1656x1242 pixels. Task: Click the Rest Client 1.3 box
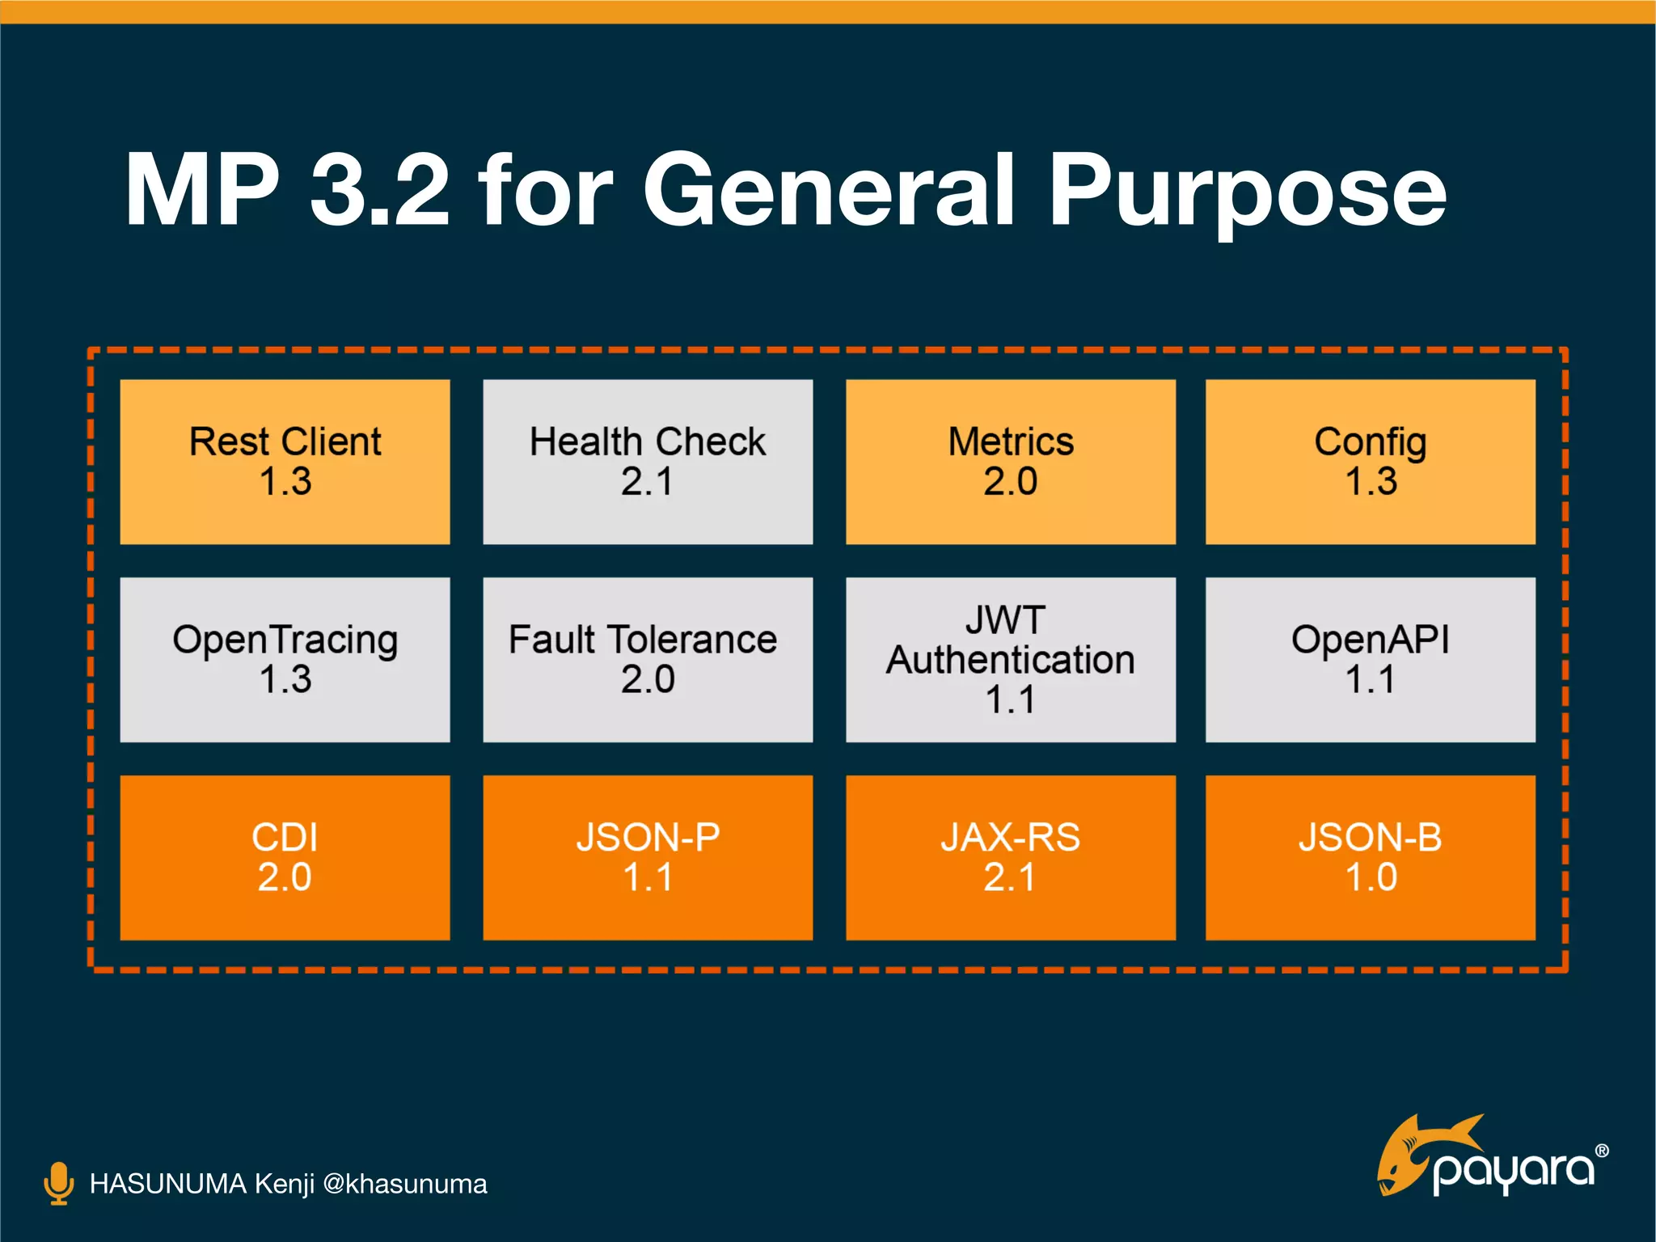[x=285, y=462]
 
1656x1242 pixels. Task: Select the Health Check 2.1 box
[x=648, y=462]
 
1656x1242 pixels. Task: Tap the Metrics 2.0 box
[x=1010, y=462]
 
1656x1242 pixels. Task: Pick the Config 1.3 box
[x=1370, y=462]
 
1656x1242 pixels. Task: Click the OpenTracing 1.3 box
[x=285, y=660]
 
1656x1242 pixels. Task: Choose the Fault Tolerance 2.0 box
[x=648, y=660]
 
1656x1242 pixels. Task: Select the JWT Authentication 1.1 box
[x=1010, y=660]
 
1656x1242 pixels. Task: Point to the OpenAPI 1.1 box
[x=1370, y=660]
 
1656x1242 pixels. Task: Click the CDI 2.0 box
[x=285, y=857]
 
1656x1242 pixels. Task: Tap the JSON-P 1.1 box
[x=648, y=857]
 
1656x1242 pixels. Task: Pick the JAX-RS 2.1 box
[x=1010, y=857]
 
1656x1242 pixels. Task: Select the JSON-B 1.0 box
[x=1370, y=857]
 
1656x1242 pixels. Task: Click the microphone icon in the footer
[x=58, y=1183]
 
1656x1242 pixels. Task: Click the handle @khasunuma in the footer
[x=404, y=1184]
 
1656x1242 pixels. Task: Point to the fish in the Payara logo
[x=1415, y=1152]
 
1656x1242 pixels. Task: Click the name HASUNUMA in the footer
[x=167, y=1184]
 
